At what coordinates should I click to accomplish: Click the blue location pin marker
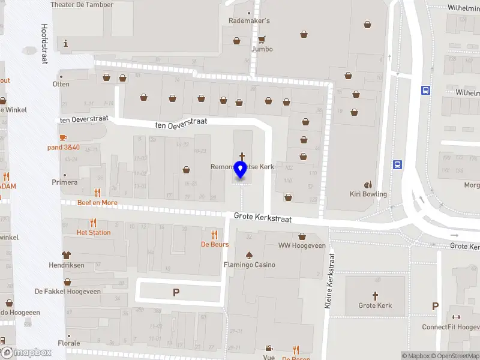[241, 170]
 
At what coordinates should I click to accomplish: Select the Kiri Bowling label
[368, 194]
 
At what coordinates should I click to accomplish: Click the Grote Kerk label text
[375, 305]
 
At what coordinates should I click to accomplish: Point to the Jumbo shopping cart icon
[262, 40]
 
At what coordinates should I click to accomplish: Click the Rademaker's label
[249, 21]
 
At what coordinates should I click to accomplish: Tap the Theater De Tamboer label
[82, 4]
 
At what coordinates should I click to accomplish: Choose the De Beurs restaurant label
[214, 244]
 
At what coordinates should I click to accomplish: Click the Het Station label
[94, 232]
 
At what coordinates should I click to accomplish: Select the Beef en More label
[97, 203]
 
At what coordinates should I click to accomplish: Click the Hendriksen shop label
[67, 265]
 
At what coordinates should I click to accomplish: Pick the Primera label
[65, 182]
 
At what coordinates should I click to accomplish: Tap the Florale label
[68, 343]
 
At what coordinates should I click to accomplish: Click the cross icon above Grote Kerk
[376, 295]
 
